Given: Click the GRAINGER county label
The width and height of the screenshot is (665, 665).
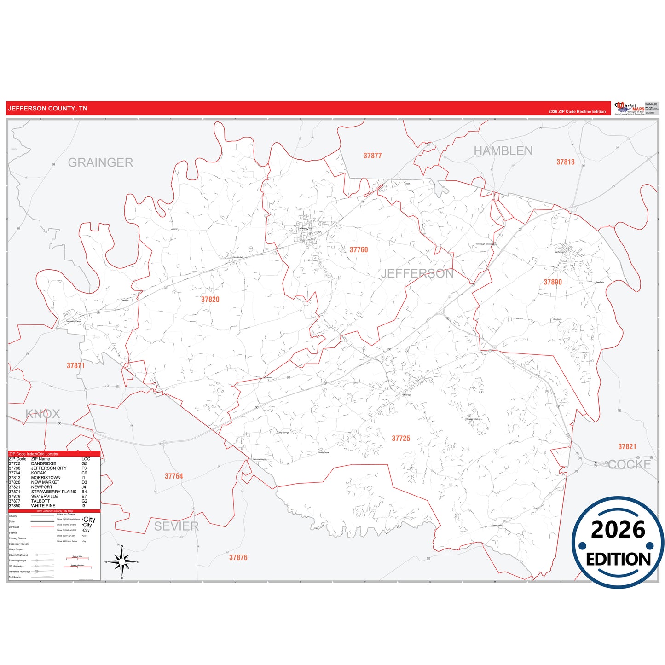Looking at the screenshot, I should point(100,162).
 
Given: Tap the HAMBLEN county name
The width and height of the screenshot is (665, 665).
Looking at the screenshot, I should point(503,151).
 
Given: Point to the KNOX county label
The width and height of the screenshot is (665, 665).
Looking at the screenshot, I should point(43,414).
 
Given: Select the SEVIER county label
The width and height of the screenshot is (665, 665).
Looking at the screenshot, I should point(176,526).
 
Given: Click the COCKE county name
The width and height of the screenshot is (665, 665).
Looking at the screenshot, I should point(629,465).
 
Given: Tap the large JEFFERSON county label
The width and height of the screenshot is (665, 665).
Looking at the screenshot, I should point(417,273).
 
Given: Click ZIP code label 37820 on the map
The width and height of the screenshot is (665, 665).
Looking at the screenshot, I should point(210,300).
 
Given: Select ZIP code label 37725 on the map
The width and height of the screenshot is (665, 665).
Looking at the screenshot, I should point(401,439).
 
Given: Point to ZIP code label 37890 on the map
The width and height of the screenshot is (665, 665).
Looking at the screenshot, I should point(553,282).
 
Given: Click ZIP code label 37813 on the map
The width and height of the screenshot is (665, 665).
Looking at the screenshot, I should point(566,162).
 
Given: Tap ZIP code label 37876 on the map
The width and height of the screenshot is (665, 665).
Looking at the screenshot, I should point(238,557).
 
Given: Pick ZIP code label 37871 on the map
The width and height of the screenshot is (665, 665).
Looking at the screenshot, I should point(76,366).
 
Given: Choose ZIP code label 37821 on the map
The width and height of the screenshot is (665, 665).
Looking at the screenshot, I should point(627,447).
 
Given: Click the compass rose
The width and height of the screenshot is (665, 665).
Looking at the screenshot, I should point(122,561).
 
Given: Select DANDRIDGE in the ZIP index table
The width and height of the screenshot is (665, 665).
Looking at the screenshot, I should point(44,464).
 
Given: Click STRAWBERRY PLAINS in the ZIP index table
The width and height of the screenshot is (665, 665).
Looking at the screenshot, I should point(54,492).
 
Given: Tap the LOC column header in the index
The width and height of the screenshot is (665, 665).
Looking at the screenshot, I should point(86,459).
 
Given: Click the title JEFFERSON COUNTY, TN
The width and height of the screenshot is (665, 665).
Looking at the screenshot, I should point(47,109).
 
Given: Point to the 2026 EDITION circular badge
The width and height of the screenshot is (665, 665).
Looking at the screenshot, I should point(618,543).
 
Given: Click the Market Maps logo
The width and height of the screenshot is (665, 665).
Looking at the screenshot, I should point(630,108).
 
